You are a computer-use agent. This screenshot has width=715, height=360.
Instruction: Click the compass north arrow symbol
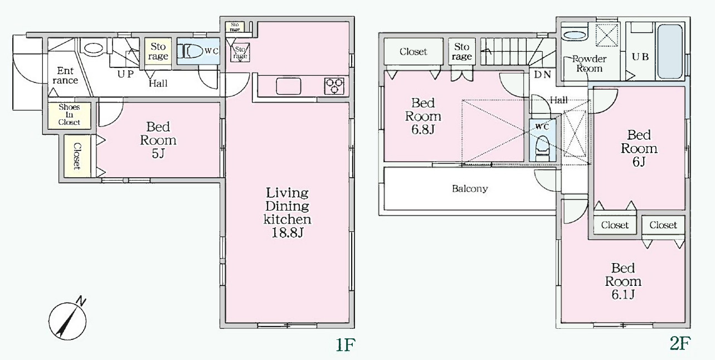pos(67,320)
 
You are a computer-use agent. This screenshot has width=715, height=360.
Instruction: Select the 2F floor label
pos(680,343)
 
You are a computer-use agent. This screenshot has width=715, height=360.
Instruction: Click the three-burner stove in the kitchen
pos(334,86)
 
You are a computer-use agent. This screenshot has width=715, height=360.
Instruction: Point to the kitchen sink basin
pos(288,86)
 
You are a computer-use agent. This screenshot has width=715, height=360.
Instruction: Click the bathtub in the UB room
pos(670,52)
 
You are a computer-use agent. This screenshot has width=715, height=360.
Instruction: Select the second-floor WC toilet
pos(542,149)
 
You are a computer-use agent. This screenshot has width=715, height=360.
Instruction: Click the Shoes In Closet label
pos(69,115)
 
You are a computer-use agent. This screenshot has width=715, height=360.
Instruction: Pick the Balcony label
pos(470,189)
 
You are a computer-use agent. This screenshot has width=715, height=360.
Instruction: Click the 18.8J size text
pos(287,232)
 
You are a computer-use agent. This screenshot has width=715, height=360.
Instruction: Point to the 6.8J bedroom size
pos(423,130)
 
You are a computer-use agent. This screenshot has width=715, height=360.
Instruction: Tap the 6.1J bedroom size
pos(623,295)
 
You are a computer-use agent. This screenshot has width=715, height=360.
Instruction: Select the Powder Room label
pos(589,64)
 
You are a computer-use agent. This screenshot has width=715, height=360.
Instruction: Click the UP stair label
pos(125,74)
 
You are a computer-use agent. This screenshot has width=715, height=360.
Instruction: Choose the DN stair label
pos(543,75)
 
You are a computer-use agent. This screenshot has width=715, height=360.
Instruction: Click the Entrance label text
pos(65,76)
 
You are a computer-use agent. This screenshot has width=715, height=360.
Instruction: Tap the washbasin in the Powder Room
pos(575,35)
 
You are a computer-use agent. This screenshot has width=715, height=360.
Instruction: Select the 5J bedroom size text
pos(158,154)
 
